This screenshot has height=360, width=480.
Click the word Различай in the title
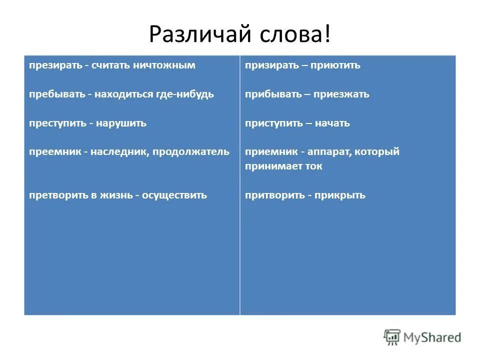(198, 34)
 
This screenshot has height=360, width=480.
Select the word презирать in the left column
(53, 65)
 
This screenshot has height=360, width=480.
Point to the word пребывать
(54, 94)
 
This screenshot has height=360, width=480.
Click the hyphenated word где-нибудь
(188, 94)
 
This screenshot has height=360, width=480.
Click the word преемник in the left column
(53, 151)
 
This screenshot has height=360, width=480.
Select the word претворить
(55, 195)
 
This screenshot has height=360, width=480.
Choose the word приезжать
(341, 94)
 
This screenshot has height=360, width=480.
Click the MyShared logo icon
(392, 337)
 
